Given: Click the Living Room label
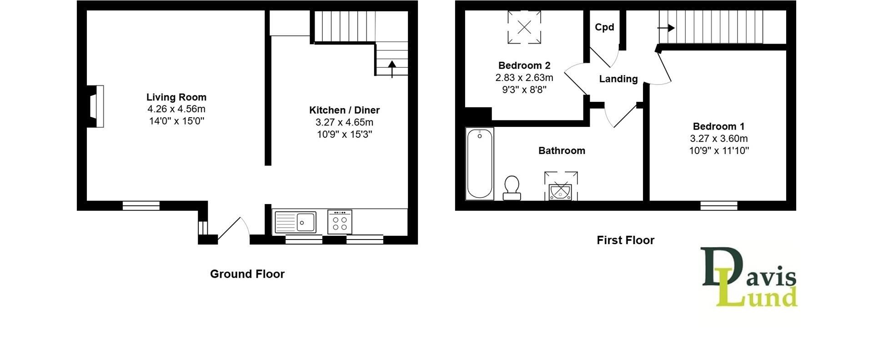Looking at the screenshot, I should (x=176, y=97).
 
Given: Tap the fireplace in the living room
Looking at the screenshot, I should (x=96, y=106).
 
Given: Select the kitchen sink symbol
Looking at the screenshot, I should (x=295, y=222).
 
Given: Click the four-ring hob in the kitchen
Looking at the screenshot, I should (x=340, y=222).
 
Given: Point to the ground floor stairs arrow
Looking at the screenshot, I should (x=392, y=69).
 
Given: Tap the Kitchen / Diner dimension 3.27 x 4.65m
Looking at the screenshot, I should (x=344, y=122).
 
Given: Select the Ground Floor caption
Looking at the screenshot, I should (x=247, y=274).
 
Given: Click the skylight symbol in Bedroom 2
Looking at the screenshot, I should (x=524, y=27).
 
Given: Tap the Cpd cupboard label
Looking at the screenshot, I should (x=604, y=27).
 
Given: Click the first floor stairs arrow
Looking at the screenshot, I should (x=666, y=28).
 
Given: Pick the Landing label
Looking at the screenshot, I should (x=618, y=79).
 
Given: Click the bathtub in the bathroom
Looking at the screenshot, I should (x=480, y=164).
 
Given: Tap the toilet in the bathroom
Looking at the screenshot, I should (x=512, y=188).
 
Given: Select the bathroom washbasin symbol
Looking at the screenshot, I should (x=561, y=191).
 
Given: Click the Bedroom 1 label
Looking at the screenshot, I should (x=718, y=126).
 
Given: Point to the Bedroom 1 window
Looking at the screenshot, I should (x=718, y=205).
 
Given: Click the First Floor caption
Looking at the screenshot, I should (x=625, y=240).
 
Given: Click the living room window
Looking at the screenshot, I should (x=141, y=205).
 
